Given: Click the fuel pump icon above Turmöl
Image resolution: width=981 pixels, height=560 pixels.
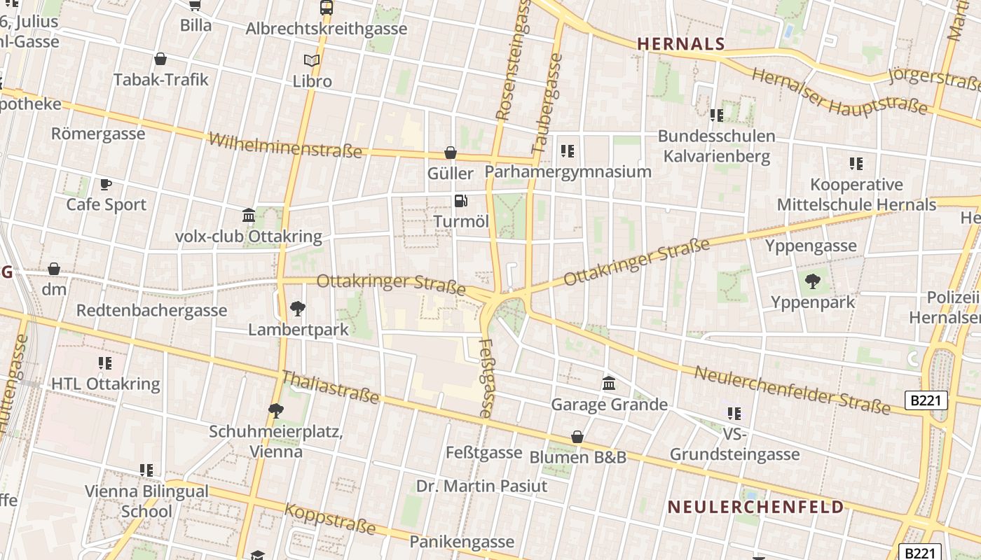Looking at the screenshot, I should click(460, 201).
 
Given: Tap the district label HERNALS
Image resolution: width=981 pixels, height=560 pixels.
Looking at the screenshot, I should click(680, 44).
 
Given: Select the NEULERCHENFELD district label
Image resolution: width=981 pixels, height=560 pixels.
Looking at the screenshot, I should click(755, 507).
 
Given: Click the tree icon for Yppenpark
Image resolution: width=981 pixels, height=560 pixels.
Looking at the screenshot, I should click(813, 282).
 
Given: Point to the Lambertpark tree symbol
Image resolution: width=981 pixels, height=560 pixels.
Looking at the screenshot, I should click(298, 308).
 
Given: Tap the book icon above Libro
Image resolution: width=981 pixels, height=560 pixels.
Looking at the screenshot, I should click(312, 61).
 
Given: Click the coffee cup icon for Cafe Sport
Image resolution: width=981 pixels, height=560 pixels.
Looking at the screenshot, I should click(106, 184).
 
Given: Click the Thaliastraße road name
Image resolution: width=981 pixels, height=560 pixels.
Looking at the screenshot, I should click(329, 388).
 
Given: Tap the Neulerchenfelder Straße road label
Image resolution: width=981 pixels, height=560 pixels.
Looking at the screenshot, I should click(792, 389).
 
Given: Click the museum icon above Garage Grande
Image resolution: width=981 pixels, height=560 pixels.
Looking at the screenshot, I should click(609, 384).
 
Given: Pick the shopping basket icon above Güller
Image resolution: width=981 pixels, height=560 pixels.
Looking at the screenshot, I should click(451, 153).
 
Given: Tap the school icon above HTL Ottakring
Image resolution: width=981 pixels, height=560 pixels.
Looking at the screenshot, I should click(105, 363).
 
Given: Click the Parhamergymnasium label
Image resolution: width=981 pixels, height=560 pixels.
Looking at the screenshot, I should click(568, 171).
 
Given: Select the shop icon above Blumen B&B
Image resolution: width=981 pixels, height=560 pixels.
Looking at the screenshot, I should click(577, 437).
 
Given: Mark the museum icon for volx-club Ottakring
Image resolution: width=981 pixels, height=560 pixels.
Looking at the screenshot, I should click(248, 215).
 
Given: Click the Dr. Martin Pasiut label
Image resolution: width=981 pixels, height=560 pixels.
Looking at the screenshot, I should click(481, 486).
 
